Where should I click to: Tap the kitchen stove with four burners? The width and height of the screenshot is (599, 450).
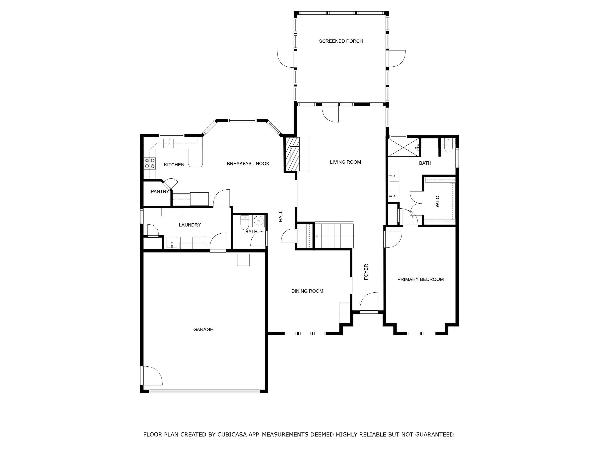150,163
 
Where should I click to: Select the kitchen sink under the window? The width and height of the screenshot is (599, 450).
169,143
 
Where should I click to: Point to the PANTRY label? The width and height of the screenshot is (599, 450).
160,192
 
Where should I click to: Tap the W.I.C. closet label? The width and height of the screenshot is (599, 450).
438,201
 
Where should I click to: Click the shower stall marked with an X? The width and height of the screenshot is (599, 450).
403,147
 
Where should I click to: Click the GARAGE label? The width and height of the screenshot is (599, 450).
203,329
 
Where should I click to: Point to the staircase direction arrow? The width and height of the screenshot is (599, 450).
316,236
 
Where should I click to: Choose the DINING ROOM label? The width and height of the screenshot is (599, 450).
307,291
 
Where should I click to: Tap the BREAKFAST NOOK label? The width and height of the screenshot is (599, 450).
248,164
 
